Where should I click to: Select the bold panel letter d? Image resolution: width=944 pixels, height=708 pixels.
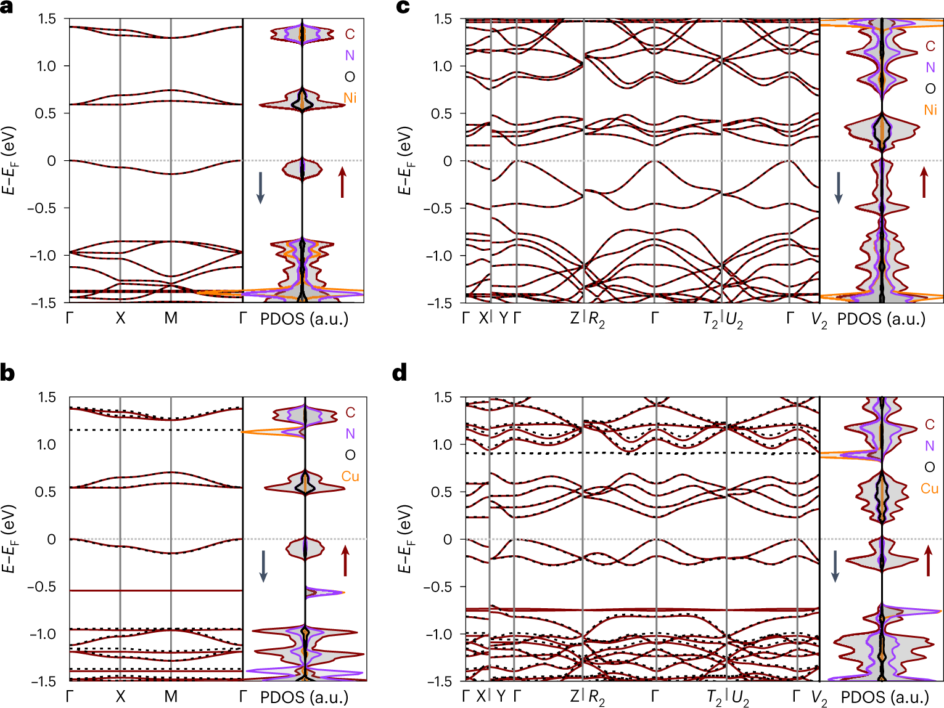400,373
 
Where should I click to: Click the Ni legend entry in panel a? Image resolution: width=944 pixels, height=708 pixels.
350,98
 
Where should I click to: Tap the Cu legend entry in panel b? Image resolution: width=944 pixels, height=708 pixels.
350,476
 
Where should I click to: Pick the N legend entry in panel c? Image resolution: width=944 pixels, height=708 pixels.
930,68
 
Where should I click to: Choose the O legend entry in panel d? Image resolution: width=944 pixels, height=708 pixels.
930,467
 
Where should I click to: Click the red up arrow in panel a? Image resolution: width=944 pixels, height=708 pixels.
342,184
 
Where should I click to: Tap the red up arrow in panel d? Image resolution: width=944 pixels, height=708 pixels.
928,560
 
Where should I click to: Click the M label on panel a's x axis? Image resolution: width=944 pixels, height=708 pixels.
171,319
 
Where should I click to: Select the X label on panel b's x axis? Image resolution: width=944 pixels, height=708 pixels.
120,697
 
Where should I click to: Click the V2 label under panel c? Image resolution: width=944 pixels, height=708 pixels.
819,320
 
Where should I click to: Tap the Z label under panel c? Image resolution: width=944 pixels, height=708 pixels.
575,319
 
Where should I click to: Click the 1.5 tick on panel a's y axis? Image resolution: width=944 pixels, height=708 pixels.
47,19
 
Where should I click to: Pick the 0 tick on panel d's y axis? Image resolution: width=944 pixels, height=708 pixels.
448,539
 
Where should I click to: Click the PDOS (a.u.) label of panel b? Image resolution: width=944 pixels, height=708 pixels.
304,697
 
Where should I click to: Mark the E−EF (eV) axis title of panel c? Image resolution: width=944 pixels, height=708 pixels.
404,161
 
